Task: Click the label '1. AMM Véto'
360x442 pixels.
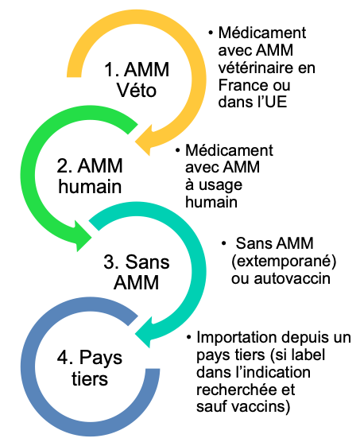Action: pos(137,80)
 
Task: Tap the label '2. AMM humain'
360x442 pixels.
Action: pos(90,176)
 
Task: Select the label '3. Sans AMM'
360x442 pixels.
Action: pos(137,272)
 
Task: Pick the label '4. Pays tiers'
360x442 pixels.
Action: pos(90,368)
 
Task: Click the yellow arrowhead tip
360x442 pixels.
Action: pos(135,142)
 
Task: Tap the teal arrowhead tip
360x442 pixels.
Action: pos(135,335)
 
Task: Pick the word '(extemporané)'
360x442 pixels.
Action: pos(284,262)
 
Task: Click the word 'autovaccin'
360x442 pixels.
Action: pos(292,279)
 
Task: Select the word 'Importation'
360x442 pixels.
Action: pos(237,337)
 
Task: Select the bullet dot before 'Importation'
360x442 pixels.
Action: pos(188,337)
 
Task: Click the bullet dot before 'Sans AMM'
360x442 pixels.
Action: pos(223,243)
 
